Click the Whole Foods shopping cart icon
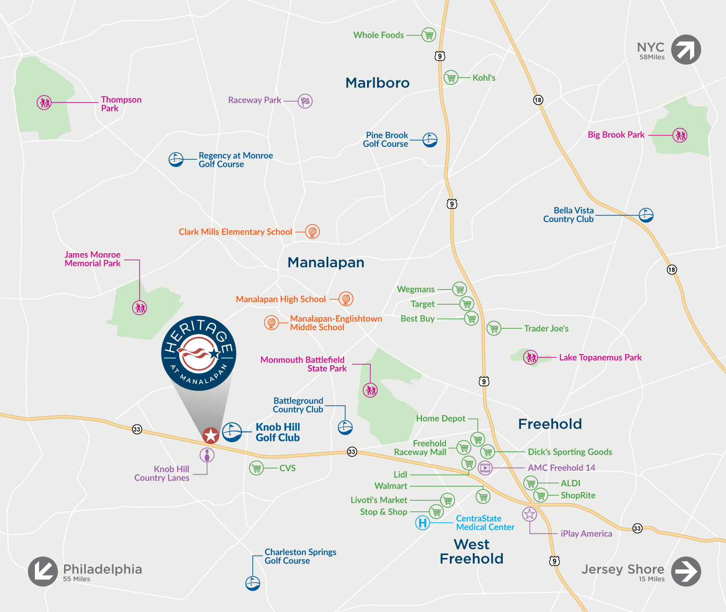tap(429, 35)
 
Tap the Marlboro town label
tap(378, 83)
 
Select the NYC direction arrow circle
tap(686, 50)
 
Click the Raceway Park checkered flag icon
tap(305, 101)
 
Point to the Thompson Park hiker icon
tap(44, 102)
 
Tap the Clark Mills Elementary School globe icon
tap(312, 232)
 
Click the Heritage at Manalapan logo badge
tap(199, 353)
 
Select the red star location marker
tap(210, 435)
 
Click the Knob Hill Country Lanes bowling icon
tap(207, 455)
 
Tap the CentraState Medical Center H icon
tap(422, 523)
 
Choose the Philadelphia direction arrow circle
tap(43, 571)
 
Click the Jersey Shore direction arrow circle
tap(686, 571)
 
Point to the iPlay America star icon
tap(530, 514)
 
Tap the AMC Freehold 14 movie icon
tap(485, 467)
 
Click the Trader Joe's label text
tap(546, 329)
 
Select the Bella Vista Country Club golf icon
tap(646, 215)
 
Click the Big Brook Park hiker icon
tap(680, 135)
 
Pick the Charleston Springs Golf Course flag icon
tap(252, 583)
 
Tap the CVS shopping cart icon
tap(257, 467)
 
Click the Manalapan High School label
tap(281, 300)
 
